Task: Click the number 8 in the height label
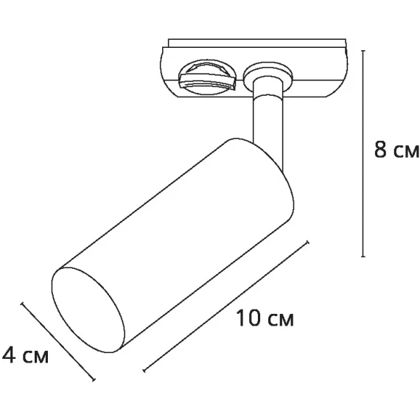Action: pyautogui.click(x=380, y=150)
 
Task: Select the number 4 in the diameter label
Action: pyautogui.click(x=10, y=357)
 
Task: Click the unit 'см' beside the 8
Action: pyautogui.click(x=404, y=152)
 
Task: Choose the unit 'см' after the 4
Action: pyautogui.click(x=35, y=357)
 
